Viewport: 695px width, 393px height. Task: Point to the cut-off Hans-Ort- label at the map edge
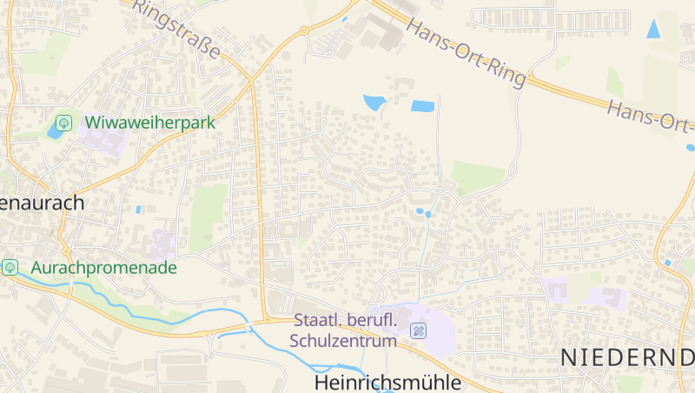click(651, 119)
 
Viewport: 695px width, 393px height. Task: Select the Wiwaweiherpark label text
click(149, 123)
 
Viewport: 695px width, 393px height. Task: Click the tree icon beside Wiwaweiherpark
click(63, 123)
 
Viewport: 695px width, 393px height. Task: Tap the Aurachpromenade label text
click(103, 267)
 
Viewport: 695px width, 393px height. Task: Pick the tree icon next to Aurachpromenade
click(10, 267)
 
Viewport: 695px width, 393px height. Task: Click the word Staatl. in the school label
click(316, 322)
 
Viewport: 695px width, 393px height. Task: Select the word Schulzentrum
click(344, 341)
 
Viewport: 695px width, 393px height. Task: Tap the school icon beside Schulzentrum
click(418, 331)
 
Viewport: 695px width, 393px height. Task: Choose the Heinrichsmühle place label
click(387, 383)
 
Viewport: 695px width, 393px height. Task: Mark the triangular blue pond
click(653, 28)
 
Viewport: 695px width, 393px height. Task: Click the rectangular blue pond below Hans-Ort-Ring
click(422, 107)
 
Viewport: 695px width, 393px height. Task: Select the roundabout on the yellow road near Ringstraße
click(304, 31)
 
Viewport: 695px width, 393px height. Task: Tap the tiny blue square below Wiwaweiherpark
click(138, 210)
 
